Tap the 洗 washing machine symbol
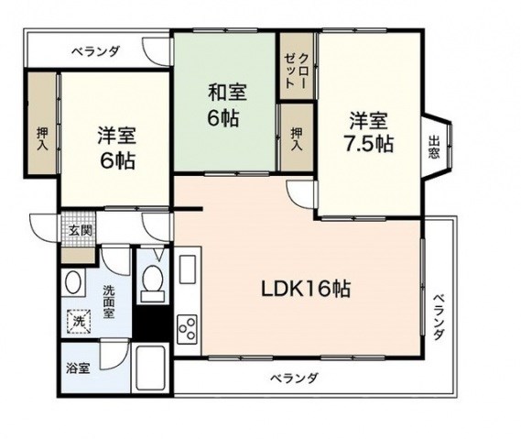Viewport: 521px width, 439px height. (x=79, y=322)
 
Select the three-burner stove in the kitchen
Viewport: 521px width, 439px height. (x=188, y=329)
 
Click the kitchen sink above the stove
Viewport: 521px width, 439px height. (x=187, y=269)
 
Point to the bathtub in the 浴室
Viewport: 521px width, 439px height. (x=151, y=368)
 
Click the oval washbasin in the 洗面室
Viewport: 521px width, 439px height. (x=72, y=282)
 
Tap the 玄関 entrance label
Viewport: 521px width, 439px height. (x=80, y=230)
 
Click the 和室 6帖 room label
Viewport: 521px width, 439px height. (x=227, y=105)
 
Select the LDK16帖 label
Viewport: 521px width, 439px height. (x=306, y=289)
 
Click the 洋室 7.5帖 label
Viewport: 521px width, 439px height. (x=368, y=132)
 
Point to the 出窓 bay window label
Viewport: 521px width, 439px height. (x=434, y=147)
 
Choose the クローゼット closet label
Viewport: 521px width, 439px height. (x=296, y=71)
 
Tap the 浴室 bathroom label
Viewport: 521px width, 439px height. (x=78, y=368)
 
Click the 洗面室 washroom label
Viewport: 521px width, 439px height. (x=108, y=302)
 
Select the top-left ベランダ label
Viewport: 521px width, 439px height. (x=96, y=51)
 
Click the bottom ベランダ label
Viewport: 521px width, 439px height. (x=294, y=379)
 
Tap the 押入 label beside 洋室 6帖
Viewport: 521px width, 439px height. (x=42, y=138)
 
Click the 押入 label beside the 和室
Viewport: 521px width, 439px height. (x=297, y=139)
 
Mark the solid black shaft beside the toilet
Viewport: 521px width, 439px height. (x=153, y=323)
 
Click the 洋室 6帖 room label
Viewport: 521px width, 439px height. (x=116, y=148)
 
